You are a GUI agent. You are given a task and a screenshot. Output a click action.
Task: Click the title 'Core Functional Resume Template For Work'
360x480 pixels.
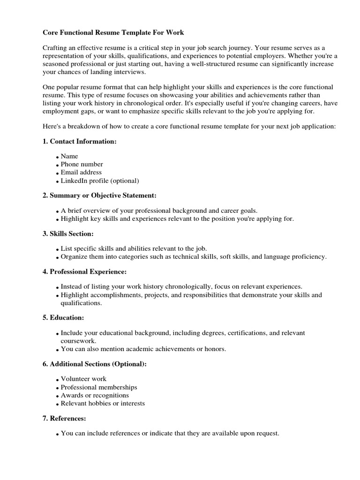pos(113,33)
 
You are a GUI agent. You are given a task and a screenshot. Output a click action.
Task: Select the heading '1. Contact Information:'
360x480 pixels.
pos(80,141)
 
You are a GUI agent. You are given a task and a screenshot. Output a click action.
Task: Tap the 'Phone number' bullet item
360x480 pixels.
pos(82,164)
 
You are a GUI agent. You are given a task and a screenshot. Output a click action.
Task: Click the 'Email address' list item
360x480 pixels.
pos(81,172)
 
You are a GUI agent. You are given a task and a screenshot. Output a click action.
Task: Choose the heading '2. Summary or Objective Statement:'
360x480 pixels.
pos(99,195)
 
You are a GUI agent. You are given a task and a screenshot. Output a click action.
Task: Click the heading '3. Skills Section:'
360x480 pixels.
pos(68,233)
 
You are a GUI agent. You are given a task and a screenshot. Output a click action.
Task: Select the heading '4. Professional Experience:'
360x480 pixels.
pos(85,271)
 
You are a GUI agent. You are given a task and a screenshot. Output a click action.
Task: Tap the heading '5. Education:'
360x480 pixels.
pos(63,317)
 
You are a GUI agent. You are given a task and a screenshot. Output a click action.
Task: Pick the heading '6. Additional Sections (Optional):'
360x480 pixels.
pos(95,364)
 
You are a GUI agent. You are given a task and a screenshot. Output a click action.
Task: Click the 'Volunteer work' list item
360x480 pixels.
pos(83,378)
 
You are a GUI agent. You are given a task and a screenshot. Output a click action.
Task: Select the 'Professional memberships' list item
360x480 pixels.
pos(99,387)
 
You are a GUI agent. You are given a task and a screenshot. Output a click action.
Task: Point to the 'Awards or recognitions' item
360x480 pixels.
pos(95,395)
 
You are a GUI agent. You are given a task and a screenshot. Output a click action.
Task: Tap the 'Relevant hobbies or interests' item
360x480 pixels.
pos(103,403)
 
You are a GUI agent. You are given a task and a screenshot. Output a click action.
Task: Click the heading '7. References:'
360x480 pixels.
pos(64,418)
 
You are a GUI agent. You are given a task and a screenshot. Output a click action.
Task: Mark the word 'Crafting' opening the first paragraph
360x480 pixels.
pos(55,48)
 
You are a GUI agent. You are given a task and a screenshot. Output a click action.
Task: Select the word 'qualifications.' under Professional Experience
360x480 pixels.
pos(81,303)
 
